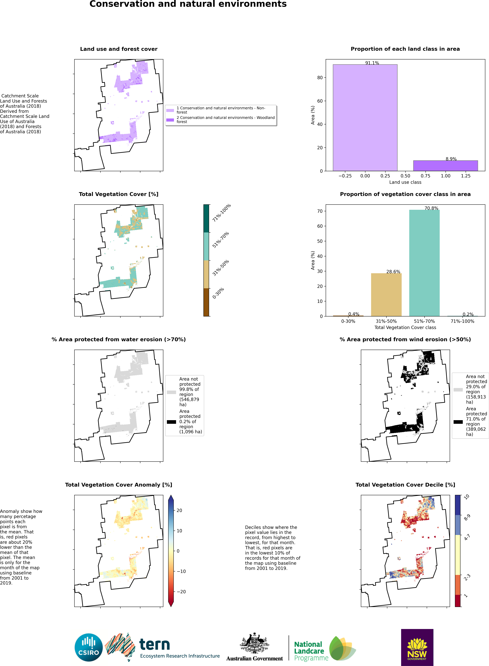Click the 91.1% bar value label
372,63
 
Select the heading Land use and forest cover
119,49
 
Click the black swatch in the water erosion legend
171,422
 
